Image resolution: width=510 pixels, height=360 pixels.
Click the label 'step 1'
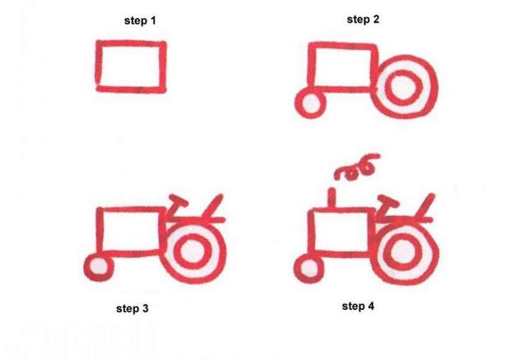pos(140,21)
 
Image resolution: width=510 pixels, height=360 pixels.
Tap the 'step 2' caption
pos(363,19)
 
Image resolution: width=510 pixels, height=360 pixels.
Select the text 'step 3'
pos(133,309)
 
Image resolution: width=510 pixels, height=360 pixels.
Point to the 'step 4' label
pos(358,307)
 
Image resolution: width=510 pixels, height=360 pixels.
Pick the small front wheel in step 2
pos(310,104)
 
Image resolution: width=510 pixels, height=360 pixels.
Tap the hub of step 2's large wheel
pos(403,85)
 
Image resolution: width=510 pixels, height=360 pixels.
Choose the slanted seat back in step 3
pos(213,205)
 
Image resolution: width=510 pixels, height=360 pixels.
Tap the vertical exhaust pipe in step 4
pos(333,199)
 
